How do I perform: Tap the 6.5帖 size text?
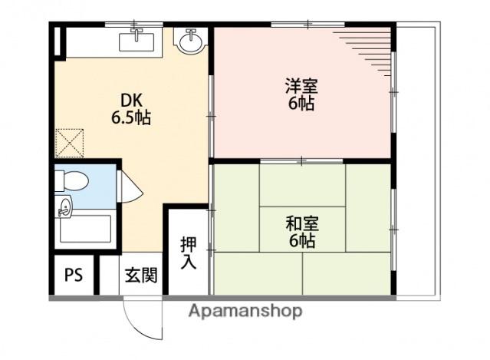130,118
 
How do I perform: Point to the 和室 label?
302,223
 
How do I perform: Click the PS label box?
74,274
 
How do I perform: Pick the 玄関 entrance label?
141,274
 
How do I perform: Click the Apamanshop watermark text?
245,311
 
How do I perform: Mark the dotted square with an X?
70,141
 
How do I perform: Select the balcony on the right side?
417,161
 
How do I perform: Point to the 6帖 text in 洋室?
301,104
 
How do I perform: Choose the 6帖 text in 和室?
302,240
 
